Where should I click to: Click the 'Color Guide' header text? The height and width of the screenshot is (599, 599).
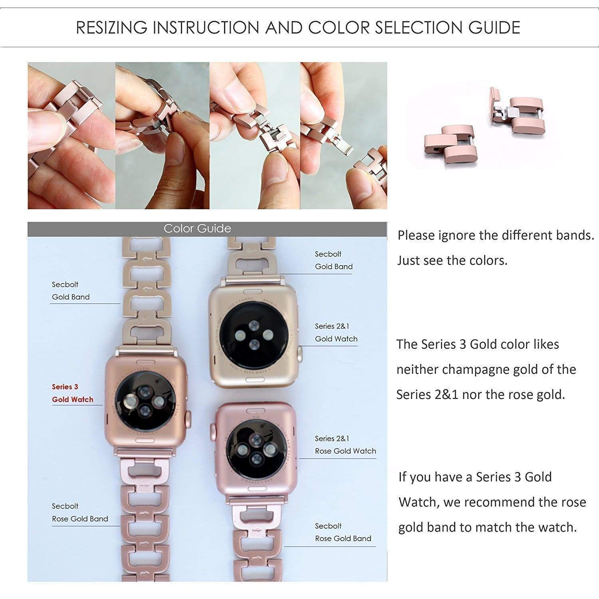click(197, 228)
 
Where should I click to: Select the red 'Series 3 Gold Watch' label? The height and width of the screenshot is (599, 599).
click(72, 393)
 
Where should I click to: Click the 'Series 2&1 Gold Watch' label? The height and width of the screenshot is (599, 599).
click(336, 333)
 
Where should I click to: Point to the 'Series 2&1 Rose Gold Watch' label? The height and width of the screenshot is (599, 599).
click(345, 445)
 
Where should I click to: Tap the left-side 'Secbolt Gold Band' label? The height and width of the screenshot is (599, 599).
click(70, 291)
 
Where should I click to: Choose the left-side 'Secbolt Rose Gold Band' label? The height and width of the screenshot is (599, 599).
click(79, 512)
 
